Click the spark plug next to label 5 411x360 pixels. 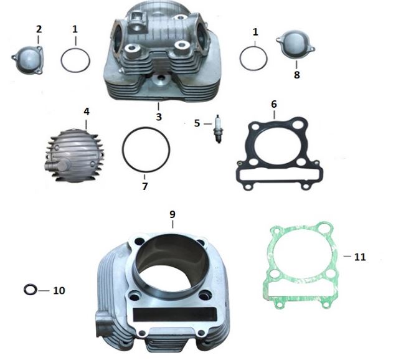point(217,129)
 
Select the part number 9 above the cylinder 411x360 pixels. point(172,214)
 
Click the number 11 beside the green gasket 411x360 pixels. point(360,257)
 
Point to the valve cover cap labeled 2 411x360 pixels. point(28,60)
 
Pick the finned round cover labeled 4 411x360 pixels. point(75,156)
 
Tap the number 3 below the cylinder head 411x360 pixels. point(159,117)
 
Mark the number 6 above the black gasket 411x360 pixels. point(274,104)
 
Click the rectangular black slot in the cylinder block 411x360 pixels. point(175,315)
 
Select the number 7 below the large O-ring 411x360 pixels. point(145,186)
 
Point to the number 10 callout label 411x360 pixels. point(59,290)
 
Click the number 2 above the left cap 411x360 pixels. point(39,29)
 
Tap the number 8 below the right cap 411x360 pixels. point(296,75)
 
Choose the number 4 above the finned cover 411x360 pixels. point(87,111)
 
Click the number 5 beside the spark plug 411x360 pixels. point(197,123)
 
